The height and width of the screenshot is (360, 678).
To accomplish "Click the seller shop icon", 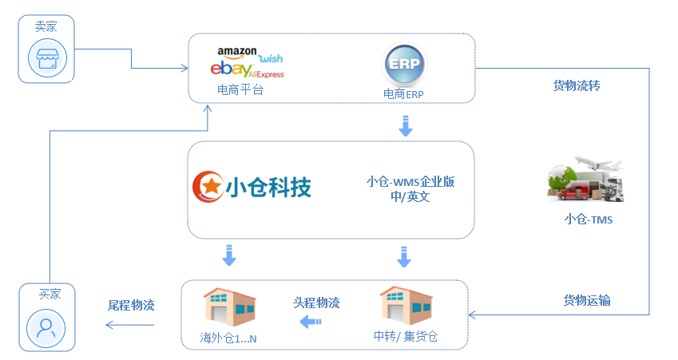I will tap(46, 57).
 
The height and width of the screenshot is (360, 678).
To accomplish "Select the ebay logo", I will tap(228, 69).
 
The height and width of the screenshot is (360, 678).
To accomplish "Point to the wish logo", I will tap(271, 58).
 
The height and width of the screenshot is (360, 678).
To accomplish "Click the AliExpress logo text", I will tap(264, 74).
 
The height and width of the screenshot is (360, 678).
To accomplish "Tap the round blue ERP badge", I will tap(405, 65).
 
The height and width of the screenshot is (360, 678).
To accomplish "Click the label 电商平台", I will tap(240, 90).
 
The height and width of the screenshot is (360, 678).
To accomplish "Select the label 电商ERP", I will tap(404, 94).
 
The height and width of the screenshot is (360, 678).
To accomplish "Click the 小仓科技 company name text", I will tap(268, 187).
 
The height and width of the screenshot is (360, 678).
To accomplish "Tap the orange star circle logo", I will tap(208, 186).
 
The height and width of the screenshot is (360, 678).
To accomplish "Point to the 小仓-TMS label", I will tap(588, 220).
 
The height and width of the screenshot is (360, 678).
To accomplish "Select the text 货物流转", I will tap(576, 85).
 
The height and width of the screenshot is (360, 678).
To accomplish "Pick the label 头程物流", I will tap(316, 303).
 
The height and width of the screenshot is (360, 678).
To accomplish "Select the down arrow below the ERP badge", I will tap(405, 125).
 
